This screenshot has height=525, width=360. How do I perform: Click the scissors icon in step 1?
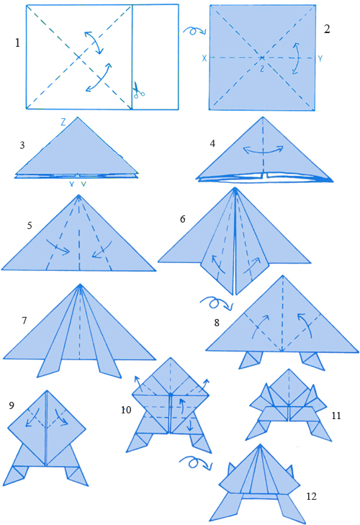(x=138, y=89)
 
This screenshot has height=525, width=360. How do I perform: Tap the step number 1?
(x=17, y=43)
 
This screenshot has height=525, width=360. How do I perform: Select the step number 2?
(x=327, y=29)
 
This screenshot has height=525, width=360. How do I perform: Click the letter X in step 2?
(x=204, y=58)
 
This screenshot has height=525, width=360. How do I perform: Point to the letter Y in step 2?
(x=320, y=59)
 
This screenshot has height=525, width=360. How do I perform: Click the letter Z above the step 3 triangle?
(x=63, y=122)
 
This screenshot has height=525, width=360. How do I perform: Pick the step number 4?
(x=212, y=143)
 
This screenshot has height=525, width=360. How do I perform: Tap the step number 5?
(x=30, y=225)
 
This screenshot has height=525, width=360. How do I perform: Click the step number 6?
(x=182, y=219)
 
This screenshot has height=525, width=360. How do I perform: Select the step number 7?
(x=24, y=320)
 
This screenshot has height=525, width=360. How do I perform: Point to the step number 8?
(x=217, y=323)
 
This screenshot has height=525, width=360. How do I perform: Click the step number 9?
(x=12, y=405)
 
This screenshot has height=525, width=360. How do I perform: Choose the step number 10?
(x=126, y=410)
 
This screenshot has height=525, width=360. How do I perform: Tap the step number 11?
(x=336, y=416)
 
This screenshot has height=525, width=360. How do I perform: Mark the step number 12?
(x=311, y=496)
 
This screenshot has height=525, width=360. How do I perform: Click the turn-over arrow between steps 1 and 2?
(x=194, y=30)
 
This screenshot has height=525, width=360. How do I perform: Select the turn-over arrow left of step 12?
(x=195, y=463)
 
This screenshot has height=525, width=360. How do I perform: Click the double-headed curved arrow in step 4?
(x=263, y=151)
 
